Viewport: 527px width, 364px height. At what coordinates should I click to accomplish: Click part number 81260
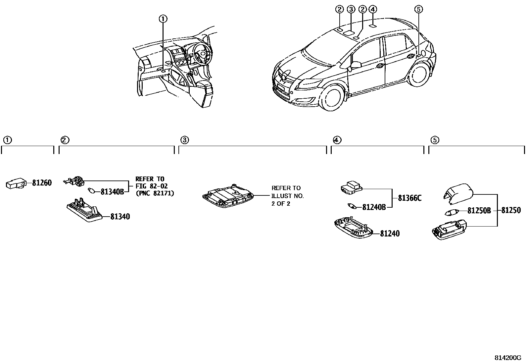[x=42, y=183]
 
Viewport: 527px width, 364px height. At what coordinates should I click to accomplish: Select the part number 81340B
[x=112, y=191]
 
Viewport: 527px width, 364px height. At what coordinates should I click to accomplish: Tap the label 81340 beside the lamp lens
[x=120, y=217]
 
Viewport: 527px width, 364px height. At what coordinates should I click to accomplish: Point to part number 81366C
[x=409, y=198]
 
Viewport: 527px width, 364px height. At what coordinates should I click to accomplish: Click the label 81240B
[x=374, y=207]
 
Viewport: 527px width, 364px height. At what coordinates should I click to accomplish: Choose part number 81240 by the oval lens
[x=390, y=234]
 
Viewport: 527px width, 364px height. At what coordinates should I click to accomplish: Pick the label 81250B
[x=479, y=210]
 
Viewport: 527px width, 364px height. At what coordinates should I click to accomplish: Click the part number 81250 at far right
[x=511, y=210]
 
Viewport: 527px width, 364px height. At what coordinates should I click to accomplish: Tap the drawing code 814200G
[x=508, y=358]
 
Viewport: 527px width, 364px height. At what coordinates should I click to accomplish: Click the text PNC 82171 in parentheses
[x=155, y=193]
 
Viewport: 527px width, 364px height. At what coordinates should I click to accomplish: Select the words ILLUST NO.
[x=287, y=196]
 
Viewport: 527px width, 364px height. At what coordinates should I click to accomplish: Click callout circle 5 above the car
[x=418, y=9]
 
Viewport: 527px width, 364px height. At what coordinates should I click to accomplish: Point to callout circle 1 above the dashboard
[x=163, y=19]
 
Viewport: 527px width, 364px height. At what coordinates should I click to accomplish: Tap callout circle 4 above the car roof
[x=373, y=9]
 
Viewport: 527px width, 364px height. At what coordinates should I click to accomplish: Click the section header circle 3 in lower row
[x=185, y=140]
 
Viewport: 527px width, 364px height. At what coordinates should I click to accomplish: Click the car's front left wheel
[x=332, y=98]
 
